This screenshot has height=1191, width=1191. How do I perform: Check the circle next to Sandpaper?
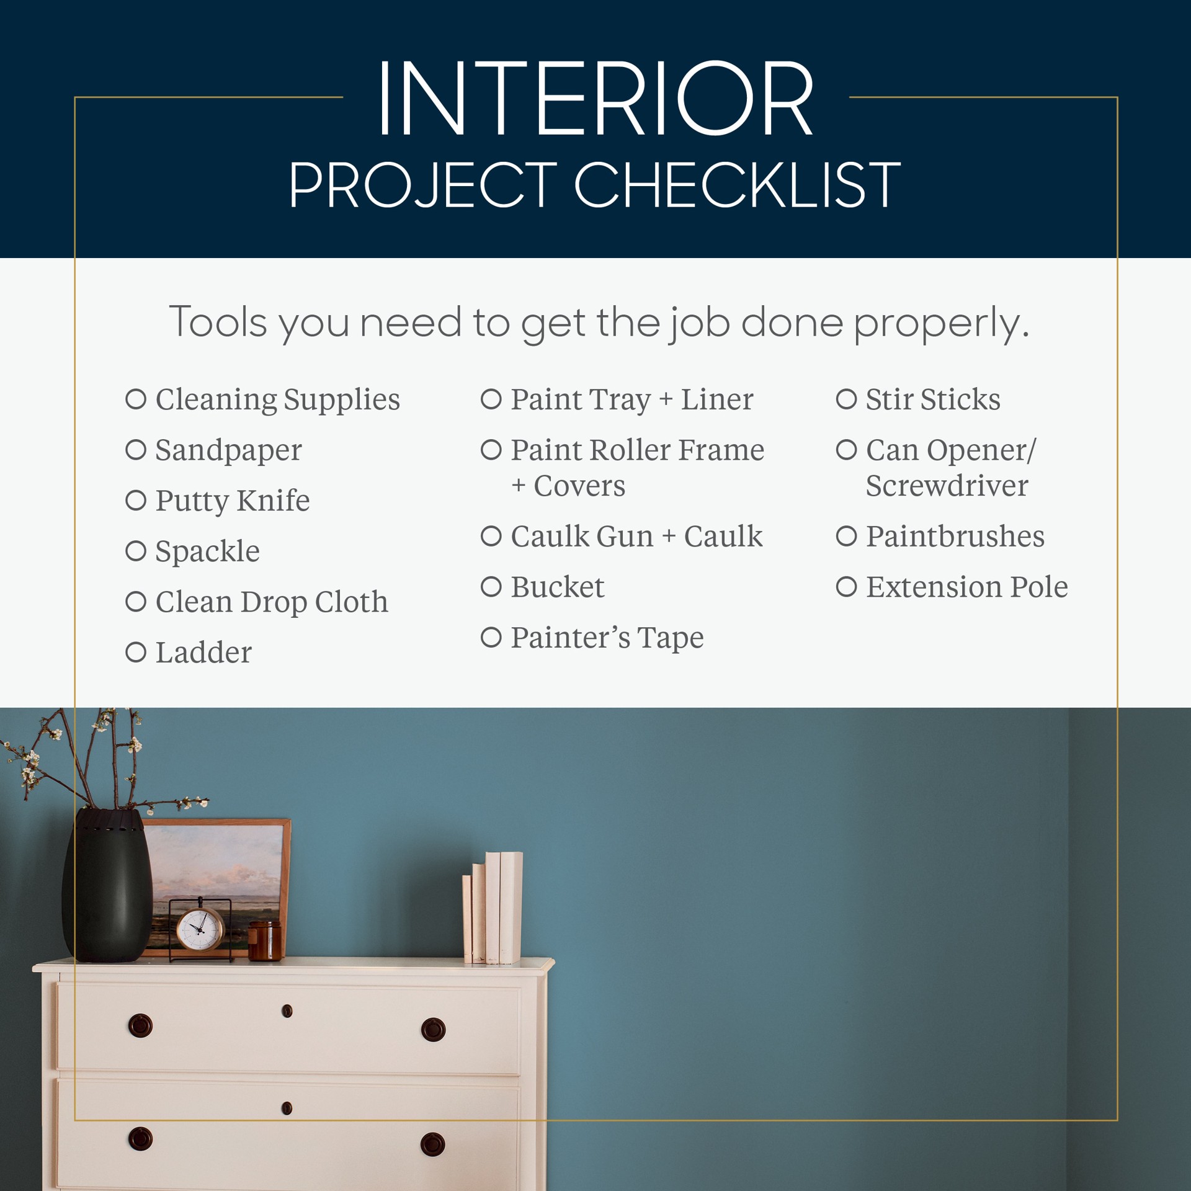pyautogui.click(x=136, y=450)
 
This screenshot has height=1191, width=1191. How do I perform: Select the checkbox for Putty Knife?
pyautogui.click(x=136, y=500)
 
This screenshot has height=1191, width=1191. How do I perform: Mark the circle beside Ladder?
pyautogui.click(x=136, y=652)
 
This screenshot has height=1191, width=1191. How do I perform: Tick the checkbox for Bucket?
pyautogui.click(x=491, y=586)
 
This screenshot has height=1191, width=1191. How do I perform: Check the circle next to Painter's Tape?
pyautogui.click(x=491, y=637)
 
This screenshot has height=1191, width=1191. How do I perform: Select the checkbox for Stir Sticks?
pyautogui.click(x=846, y=399)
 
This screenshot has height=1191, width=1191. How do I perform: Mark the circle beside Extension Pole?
pyautogui.click(x=846, y=586)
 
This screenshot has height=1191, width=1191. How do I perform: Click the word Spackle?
pyautogui.click(x=207, y=551)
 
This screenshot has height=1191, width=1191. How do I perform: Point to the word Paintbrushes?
pyautogui.click(x=955, y=537)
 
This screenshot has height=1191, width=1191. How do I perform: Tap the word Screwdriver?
pyautogui.click(x=947, y=486)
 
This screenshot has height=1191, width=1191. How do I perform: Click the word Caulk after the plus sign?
pyautogui.click(x=723, y=537)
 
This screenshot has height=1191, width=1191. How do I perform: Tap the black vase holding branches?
pyautogui.click(x=107, y=887)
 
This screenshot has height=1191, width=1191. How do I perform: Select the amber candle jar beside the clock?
pyautogui.click(x=265, y=940)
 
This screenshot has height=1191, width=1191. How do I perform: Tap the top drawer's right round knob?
pyautogui.click(x=433, y=1029)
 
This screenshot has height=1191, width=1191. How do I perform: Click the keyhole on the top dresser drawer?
pyautogui.click(x=287, y=1011)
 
